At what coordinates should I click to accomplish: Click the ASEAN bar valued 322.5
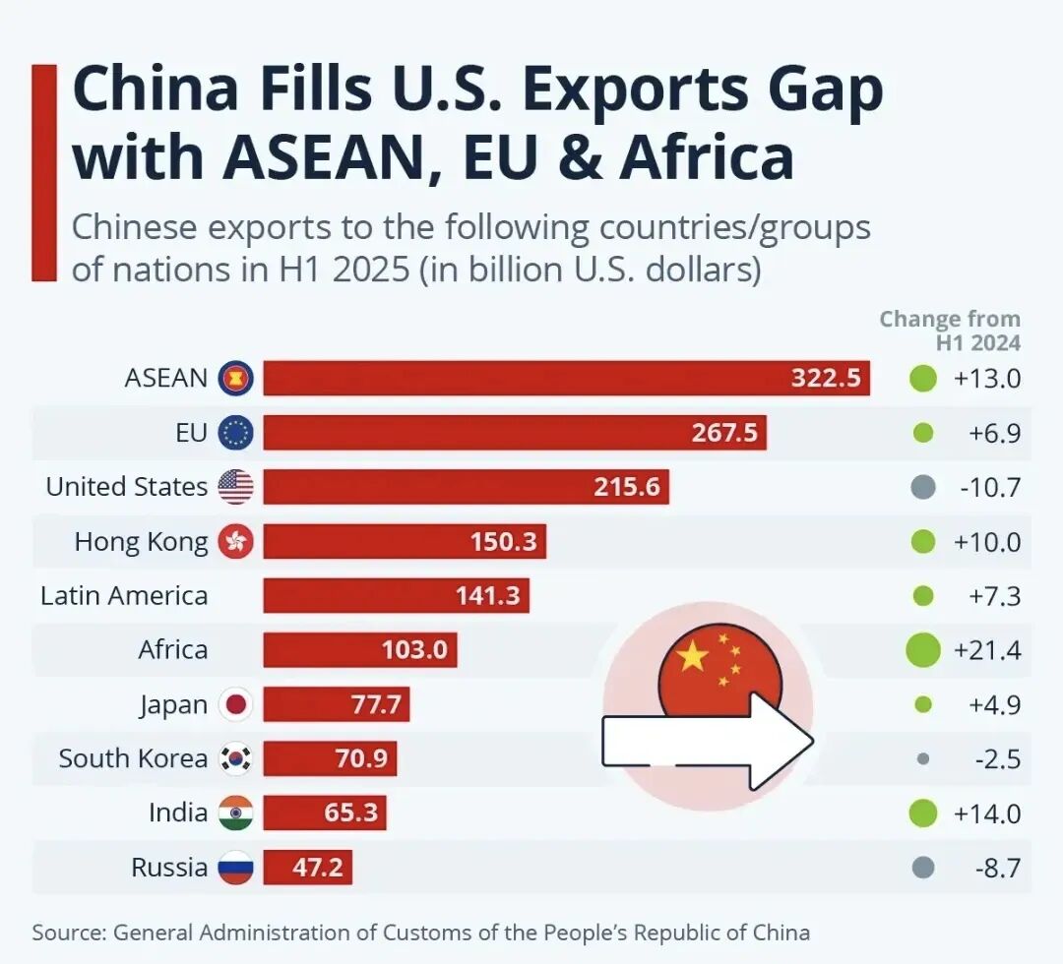[x=566, y=378]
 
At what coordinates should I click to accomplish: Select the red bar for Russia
[x=307, y=868]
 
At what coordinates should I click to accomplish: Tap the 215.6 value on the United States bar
[x=626, y=487]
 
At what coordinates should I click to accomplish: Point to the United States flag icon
[x=235, y=487]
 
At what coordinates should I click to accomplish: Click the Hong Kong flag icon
[x=235, y=541]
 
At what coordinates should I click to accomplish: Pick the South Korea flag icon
[x=235, y=758]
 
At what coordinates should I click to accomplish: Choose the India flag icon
[x=235, y=813]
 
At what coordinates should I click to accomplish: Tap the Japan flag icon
[x=235, y=704]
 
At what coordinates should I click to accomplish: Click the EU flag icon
[x=235, y=432]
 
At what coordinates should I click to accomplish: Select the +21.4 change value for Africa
[x=987, y=650]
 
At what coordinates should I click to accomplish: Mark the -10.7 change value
[x=987, y=487]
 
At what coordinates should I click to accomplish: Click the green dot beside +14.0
[x=922, y=813]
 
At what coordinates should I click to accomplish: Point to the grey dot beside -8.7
[x=922, y=868]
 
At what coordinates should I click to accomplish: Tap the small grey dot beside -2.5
[x=922, y=758]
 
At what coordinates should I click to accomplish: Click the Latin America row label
[x=124, y=596]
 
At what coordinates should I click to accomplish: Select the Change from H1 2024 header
[x=949, y=331]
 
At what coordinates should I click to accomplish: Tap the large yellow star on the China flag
[x=693, y=656]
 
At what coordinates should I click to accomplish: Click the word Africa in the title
[x=706, y=158]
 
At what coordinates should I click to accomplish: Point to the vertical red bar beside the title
[x=43, y=173]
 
